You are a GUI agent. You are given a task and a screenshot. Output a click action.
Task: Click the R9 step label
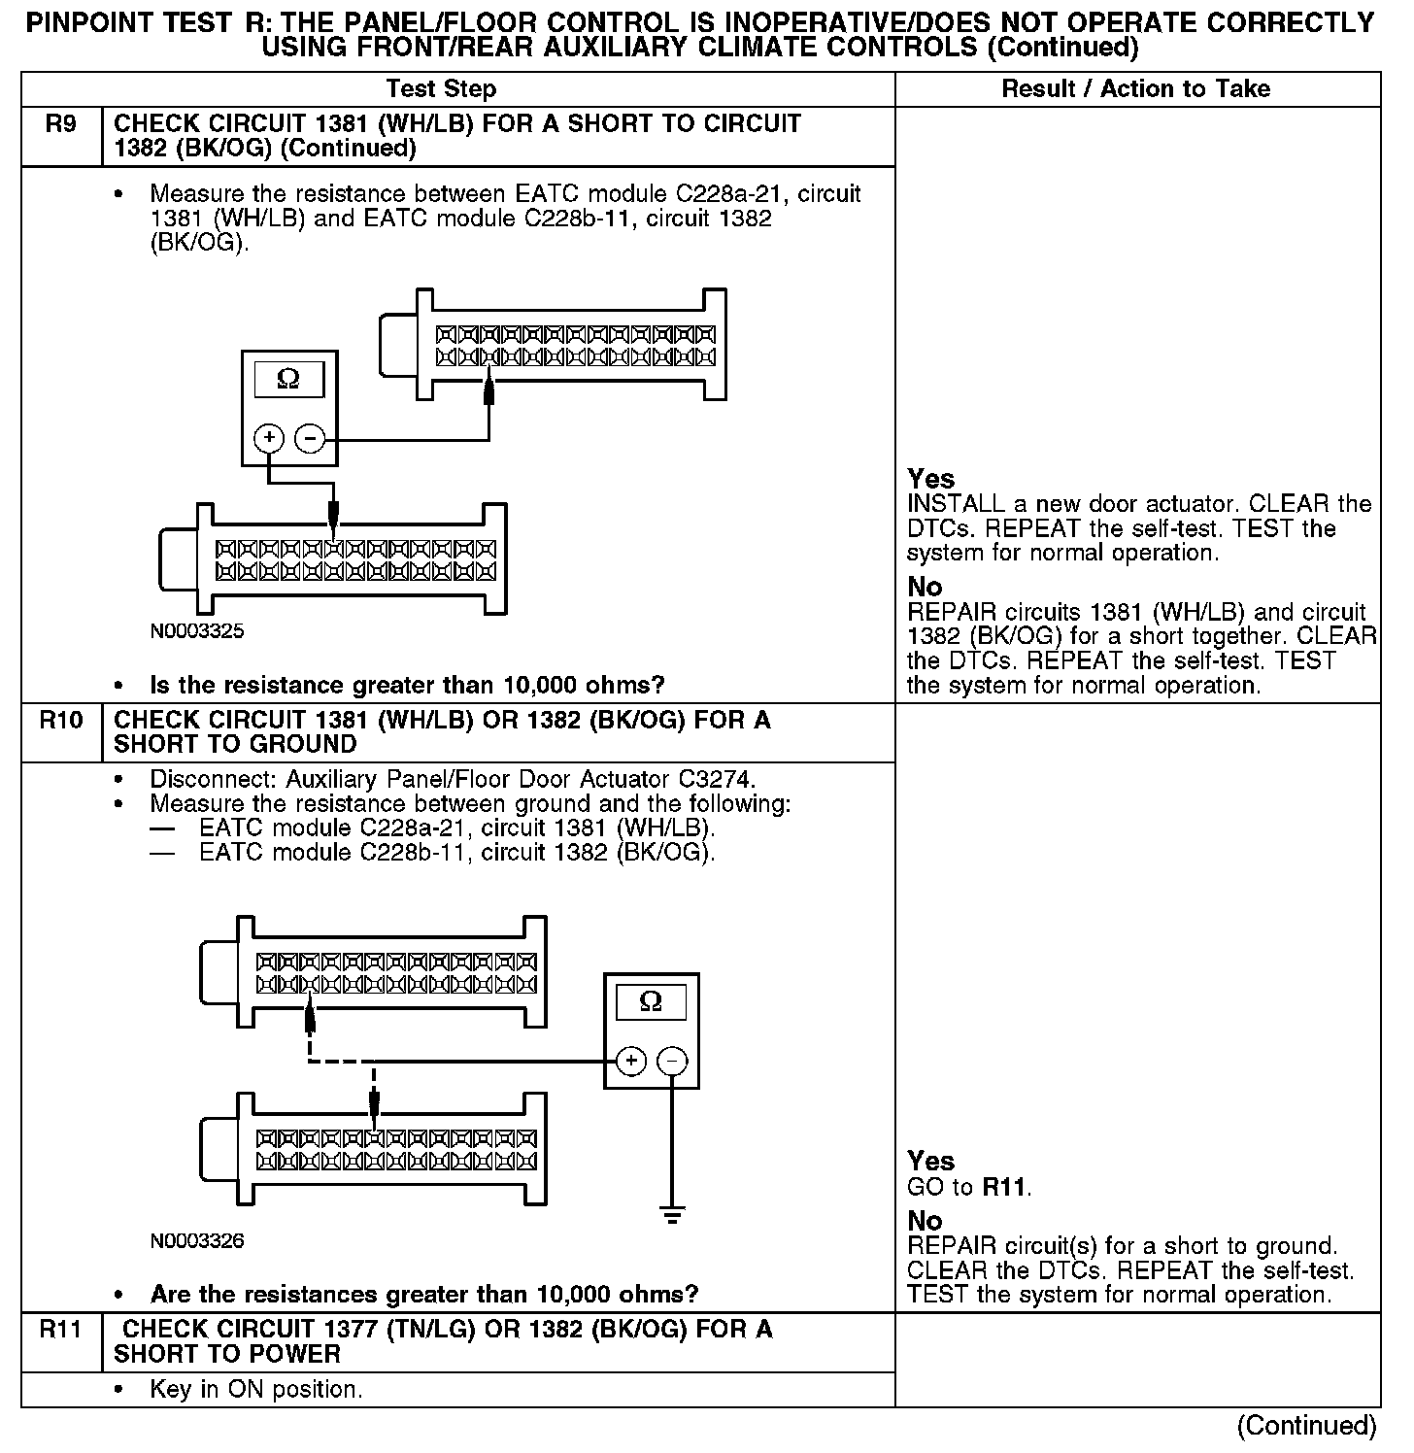coord(60,125)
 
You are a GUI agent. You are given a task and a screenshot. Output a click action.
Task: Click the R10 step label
coord(60,722)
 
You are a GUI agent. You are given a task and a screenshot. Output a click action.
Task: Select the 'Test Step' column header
coord(441,89)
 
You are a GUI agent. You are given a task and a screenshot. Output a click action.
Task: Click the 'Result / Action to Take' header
coord(1135,89)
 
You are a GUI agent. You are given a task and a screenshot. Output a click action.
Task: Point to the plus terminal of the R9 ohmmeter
coord(269,439)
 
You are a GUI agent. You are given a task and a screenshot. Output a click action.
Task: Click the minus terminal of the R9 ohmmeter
coord(310,439)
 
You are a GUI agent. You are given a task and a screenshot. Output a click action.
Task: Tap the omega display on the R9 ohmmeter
coord(288,379)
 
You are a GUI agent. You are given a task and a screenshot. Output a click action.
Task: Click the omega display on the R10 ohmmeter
coord(651,1001)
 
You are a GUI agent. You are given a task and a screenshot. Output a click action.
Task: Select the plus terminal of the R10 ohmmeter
coord(631,1061)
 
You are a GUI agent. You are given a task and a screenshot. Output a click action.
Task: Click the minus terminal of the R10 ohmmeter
coord(673,1061)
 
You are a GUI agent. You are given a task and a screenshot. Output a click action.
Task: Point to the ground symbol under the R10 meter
coord(672,1214)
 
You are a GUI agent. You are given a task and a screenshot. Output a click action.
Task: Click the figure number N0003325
coord(197,631)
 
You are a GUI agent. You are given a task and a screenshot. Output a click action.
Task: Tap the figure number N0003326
coord(197,1241)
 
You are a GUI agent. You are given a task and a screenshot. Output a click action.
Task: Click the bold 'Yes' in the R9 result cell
coord(931,479)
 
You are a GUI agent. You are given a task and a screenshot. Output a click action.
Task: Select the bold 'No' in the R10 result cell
coord(925,1220)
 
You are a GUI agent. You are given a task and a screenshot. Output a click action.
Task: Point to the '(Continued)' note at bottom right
coord(1306,1425)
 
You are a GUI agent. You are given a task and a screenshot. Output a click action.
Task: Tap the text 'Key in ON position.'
coord(256,1390)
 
